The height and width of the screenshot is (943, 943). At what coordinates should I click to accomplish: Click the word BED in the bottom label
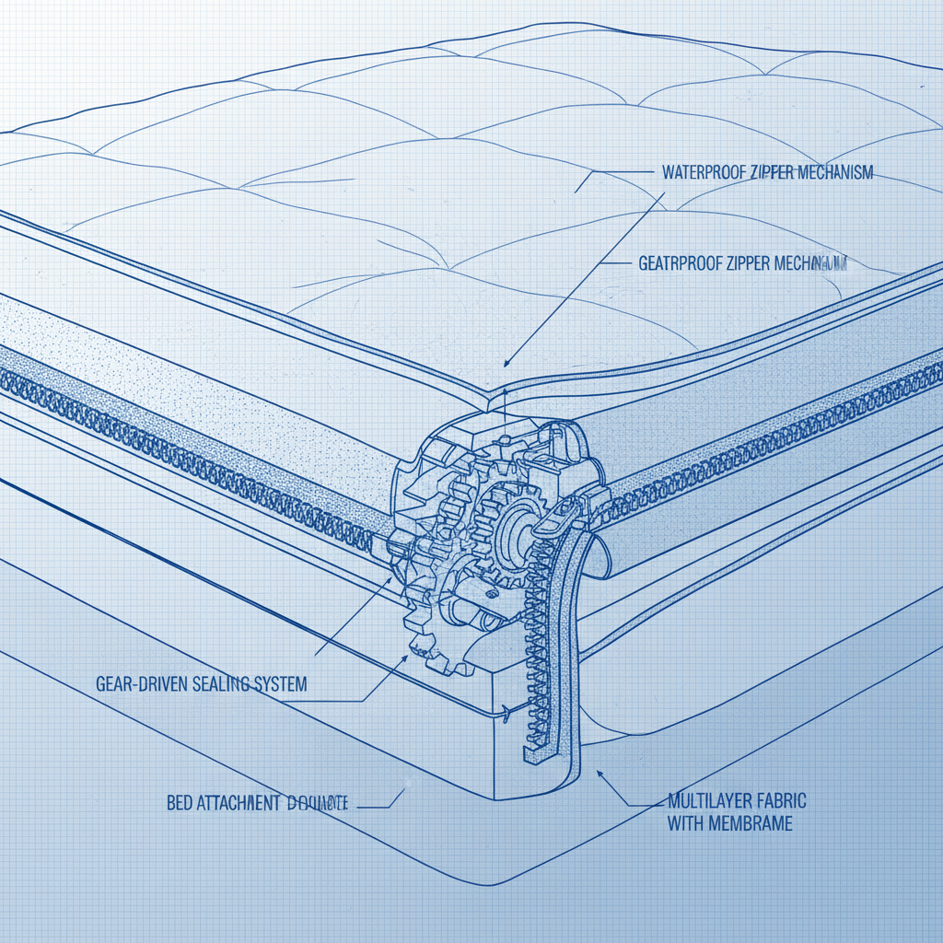click(180, 803)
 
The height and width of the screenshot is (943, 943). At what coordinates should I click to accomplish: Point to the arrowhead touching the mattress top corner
click(508, 367)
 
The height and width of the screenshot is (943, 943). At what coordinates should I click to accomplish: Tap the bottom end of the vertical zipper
click(530, 753)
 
